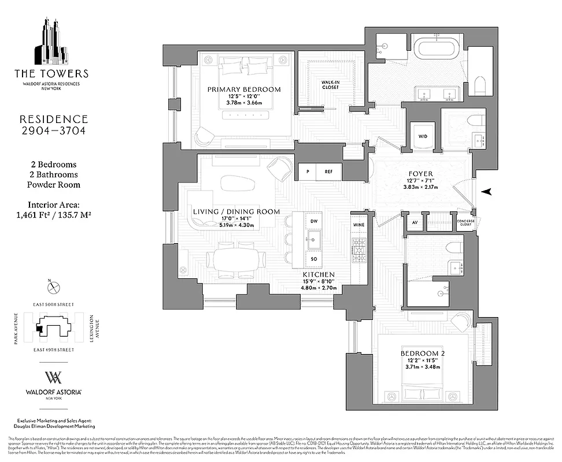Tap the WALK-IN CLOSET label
pos(330,85)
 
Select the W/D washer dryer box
pos(421,137)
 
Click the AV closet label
pos(414,222)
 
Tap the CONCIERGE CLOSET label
pos(466,222)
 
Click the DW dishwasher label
pos(315,221)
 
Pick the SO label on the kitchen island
pos(315,259)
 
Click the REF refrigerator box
pos(328,172)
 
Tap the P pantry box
pos(307,172)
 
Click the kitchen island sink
pos(315,240)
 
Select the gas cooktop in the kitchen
pos(356,249)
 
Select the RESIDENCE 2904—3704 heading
pos(53,125)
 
